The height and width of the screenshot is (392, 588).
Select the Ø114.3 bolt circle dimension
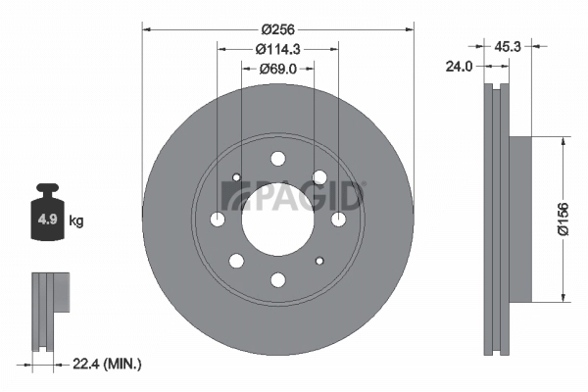(277, 49)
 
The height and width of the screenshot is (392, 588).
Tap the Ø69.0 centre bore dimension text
(277, 69)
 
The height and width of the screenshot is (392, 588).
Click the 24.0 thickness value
(461, 68)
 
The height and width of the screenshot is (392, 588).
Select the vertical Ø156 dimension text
(563, 220)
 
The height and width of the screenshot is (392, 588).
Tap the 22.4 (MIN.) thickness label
(108, 364)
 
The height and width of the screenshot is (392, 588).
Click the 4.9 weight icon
(47, 218)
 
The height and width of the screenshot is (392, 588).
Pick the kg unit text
(77, 220)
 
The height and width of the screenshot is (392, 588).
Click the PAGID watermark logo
(294, 195)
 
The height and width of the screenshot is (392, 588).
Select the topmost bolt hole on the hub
(277, 159)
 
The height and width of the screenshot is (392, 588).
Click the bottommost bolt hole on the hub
(277, 280)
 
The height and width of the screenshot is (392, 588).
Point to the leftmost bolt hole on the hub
(217, 220)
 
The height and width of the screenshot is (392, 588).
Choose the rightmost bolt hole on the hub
(338, 220)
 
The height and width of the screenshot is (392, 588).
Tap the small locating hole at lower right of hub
(319, 261)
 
